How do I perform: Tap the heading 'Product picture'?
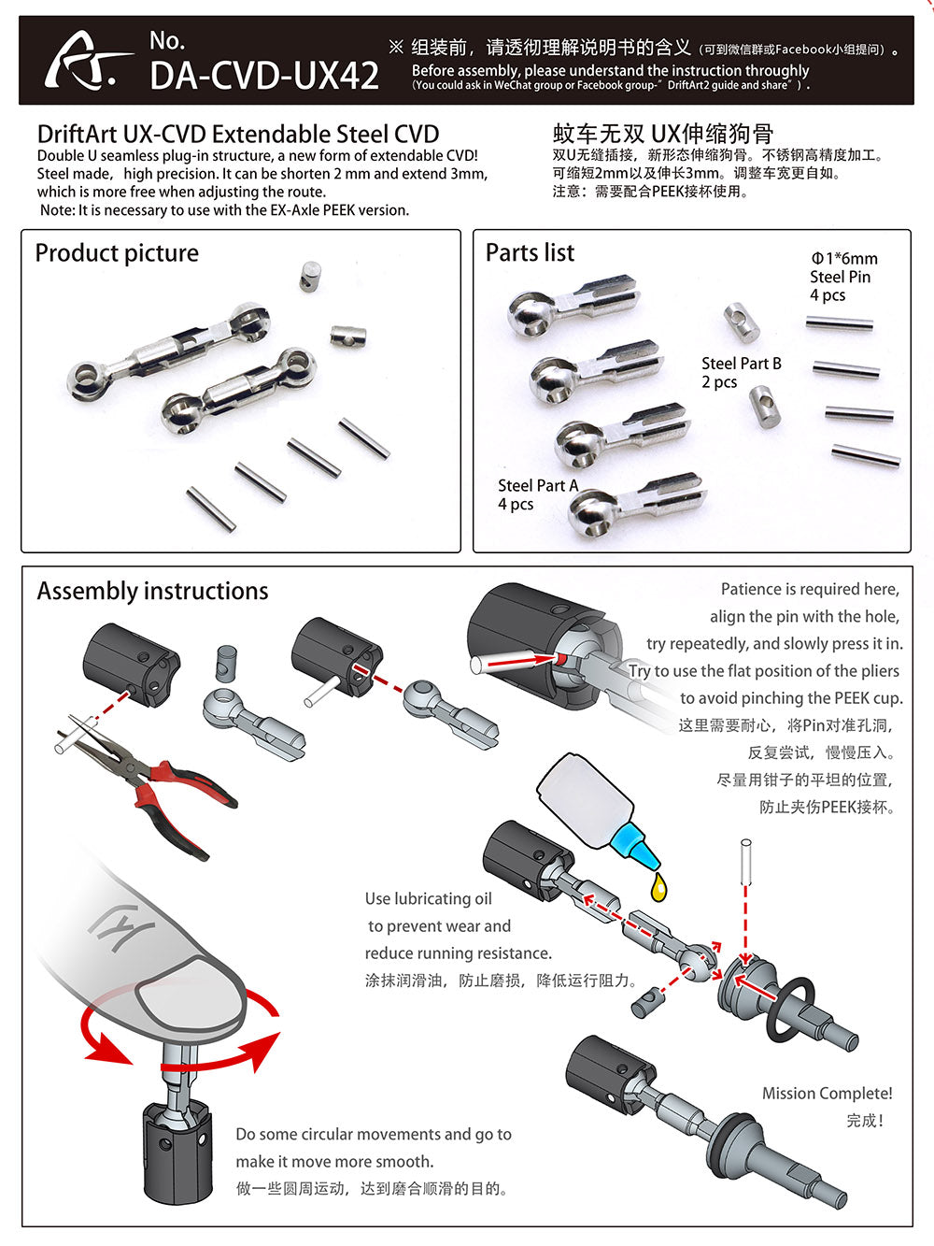coord(117,253)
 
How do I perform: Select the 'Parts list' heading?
coord(530,252)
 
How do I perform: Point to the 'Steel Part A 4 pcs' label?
coord(537,494)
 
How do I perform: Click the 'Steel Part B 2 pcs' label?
coord(741,372)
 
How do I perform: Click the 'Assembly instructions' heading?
coord(152,591)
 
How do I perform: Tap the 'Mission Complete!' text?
coord(827,1093)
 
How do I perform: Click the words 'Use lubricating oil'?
coord(428,898)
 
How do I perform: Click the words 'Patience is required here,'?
coord(809,589)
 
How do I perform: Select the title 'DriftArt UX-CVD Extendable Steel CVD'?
coord(238,135)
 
